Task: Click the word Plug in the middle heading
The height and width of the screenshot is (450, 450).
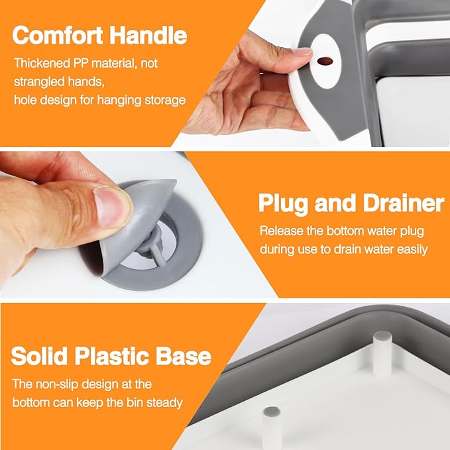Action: [282, 203]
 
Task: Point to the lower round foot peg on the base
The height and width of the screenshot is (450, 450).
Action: [272, 417]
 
